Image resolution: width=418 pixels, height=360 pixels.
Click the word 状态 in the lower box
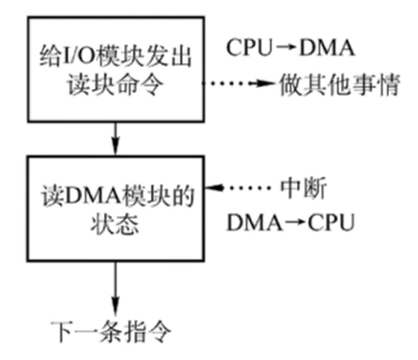pyautogui.click(x=113, y=226)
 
